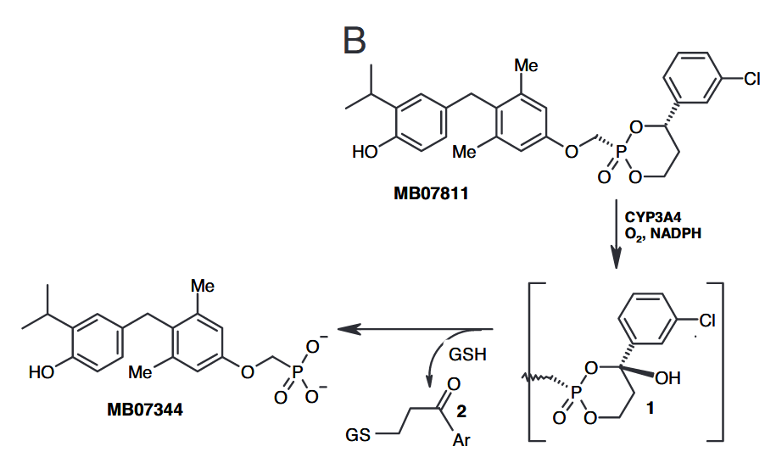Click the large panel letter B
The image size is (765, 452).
point(355,40)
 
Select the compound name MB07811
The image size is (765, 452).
point(432,193)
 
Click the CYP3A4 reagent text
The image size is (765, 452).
point(654,218)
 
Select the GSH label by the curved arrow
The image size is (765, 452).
point(469,354)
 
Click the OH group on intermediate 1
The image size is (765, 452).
point(667,378)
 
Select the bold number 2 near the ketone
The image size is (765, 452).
point(461,412)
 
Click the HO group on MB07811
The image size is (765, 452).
point(366,153)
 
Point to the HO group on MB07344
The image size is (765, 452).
point(42,371)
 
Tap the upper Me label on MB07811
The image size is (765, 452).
point(527,64)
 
